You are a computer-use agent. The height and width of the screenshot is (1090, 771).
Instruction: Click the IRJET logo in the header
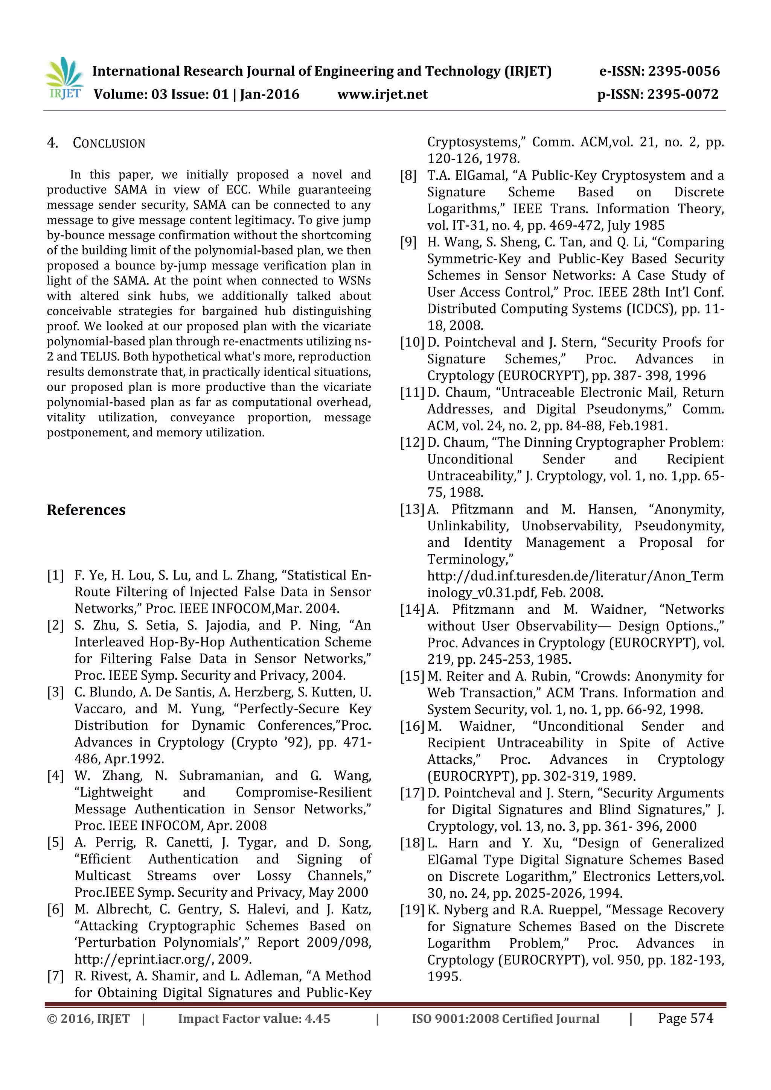64,78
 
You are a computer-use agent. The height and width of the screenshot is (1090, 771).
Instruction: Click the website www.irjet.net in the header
382,94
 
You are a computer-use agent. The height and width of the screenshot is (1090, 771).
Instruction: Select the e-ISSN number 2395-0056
684,71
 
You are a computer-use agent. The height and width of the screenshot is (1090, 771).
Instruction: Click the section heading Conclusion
109,143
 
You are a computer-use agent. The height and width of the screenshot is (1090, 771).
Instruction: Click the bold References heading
86,509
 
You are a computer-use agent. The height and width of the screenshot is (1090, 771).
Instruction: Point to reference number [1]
55,575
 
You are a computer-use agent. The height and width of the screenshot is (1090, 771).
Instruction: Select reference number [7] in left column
55,976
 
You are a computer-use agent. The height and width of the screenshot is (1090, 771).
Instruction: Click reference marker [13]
412,509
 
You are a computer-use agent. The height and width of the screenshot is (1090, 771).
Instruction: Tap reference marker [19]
412,910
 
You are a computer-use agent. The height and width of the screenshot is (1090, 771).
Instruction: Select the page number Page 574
685,1018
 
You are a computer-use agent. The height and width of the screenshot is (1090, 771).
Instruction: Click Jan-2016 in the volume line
269,94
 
